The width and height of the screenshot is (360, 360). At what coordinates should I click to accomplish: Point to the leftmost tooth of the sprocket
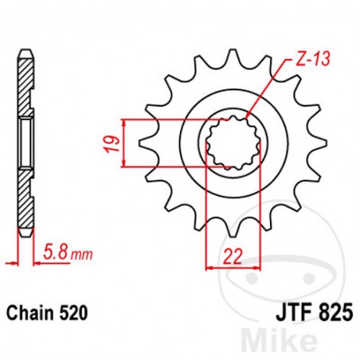[144, 143]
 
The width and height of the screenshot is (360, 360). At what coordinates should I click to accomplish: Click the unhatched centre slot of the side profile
[25, 143]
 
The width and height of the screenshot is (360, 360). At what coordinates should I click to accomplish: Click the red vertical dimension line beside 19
[125, 143]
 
